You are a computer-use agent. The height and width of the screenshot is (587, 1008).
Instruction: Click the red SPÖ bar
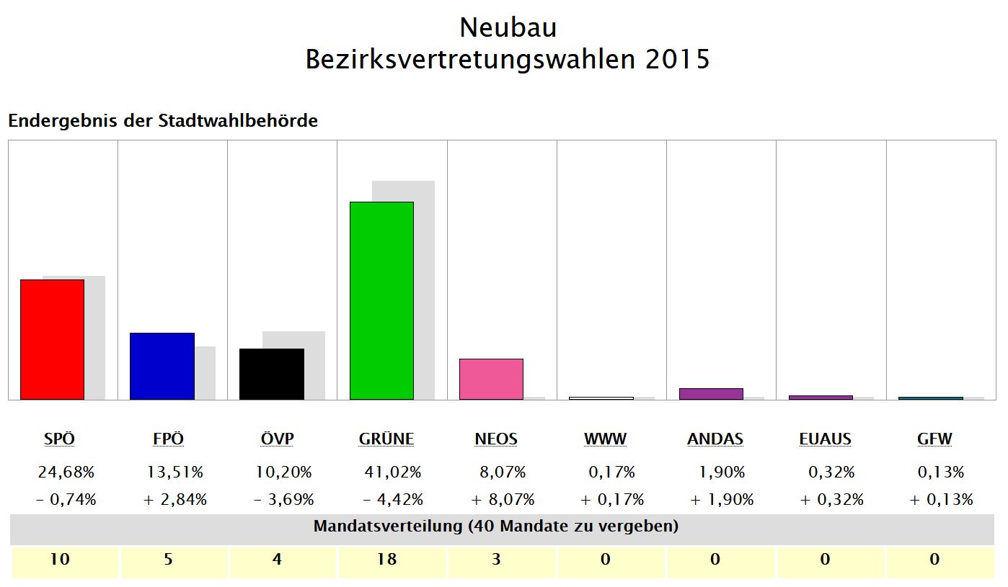coord(52,339)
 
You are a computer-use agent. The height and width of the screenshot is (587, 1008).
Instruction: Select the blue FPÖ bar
coord(162,366)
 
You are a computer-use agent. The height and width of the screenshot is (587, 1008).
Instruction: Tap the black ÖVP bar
coord(272,374)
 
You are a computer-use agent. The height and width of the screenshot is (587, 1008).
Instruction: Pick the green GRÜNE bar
coord(381,300)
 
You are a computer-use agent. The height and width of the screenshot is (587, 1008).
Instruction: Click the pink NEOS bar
coord(491,379)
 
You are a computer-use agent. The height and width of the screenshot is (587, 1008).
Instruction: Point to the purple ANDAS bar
coord(711,394)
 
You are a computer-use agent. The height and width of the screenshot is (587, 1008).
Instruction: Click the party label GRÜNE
coord(386,439)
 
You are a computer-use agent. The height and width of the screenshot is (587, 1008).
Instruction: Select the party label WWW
coord(605,439)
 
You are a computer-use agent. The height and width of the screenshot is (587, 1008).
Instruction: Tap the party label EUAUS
coord(825,439)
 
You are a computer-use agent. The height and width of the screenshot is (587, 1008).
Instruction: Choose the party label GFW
coord(934,439)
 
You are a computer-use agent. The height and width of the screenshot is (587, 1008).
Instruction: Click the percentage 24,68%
coord(66,472)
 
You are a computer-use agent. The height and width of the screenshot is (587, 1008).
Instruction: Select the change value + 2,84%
coord(175,499)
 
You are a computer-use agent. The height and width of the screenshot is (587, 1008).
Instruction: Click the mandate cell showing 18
coord(387,559)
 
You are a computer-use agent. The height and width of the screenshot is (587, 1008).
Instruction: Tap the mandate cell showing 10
coord(60,559)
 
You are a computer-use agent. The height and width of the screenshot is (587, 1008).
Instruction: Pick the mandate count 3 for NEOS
coord(496,559)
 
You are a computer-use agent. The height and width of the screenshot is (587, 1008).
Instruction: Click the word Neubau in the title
coord(508,27)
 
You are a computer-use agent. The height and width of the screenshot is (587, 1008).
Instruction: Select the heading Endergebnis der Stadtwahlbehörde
coord(163,121)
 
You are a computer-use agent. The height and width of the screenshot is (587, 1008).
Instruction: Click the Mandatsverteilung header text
coord(496,526)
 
